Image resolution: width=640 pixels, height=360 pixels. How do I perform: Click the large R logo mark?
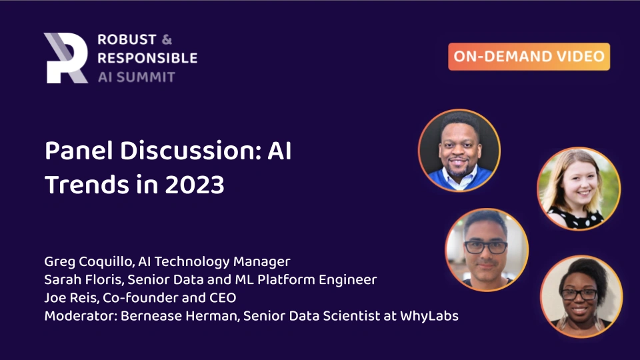click(65, 58)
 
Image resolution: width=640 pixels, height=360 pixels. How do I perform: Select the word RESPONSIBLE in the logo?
click(147, 58)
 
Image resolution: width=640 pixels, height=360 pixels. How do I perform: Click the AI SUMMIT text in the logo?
click(136, 77)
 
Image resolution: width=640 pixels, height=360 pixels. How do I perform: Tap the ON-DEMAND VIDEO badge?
click(529, 57)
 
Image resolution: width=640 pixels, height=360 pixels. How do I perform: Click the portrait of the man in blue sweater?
click(459, 150)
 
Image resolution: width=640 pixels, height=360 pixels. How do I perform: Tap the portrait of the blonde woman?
click(579, 189)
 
